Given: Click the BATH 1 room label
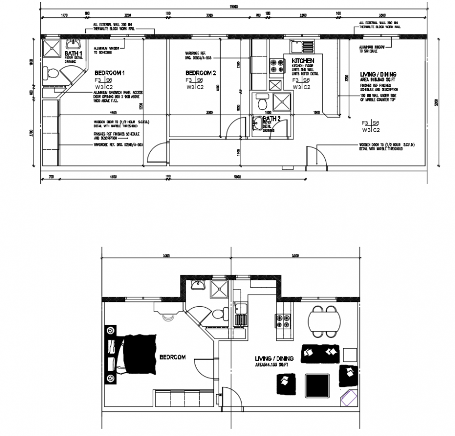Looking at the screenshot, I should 73,53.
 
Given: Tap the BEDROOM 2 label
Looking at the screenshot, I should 201,72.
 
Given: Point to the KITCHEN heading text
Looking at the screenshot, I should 303,61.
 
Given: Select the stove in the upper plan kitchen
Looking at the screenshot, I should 275,66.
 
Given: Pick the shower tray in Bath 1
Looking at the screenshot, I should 52,48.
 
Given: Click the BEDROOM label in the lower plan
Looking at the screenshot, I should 172,357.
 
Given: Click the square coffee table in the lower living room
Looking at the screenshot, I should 317,385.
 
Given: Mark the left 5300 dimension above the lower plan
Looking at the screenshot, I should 166,256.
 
